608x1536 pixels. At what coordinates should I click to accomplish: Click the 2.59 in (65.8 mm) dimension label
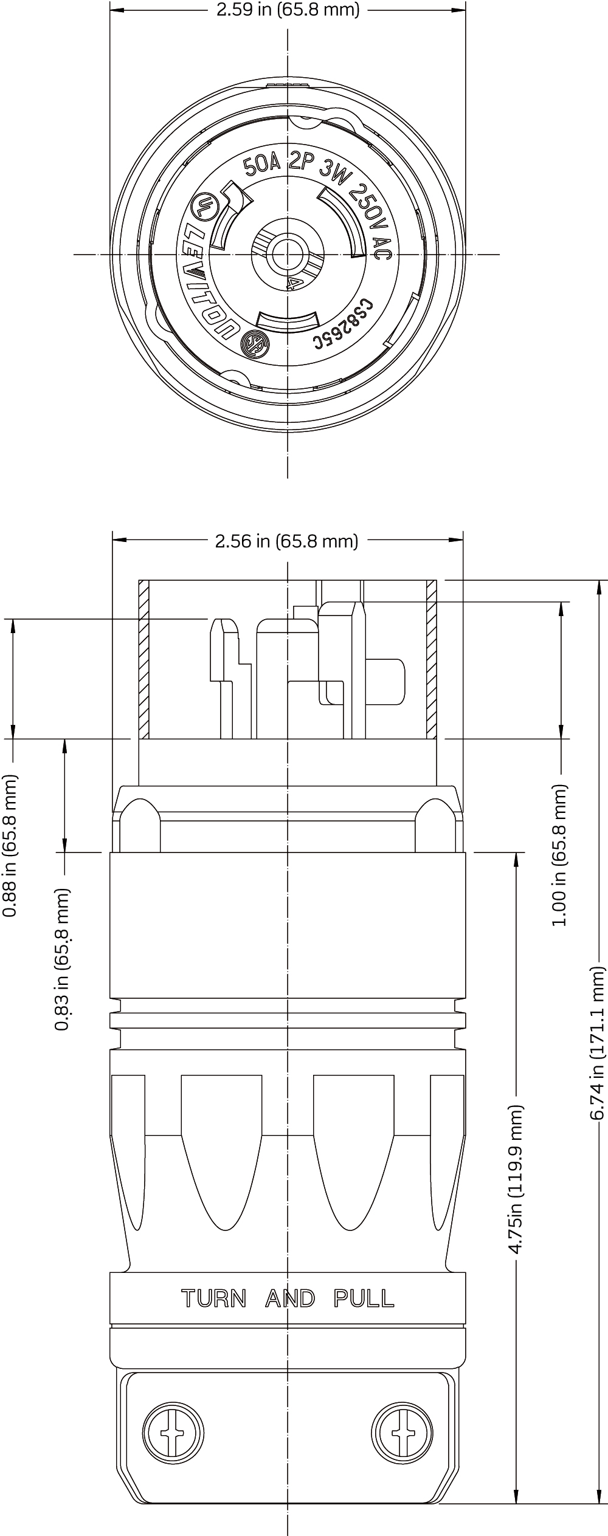coord(288,10)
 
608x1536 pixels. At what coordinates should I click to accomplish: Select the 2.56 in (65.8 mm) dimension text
coord(286,541)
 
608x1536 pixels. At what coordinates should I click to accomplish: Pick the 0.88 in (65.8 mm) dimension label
coord(11,845)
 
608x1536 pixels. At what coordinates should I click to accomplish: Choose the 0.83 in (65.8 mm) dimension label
coord(63,959)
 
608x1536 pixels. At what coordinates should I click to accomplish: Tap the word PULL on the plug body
coord(364,1299)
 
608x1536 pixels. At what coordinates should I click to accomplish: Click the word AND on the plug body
coord(290,1299)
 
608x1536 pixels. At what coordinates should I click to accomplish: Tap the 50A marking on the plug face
coord(261,164)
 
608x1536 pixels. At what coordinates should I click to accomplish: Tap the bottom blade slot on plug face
coord(288,321)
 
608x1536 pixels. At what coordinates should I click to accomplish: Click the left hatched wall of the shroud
coord(144,659)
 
